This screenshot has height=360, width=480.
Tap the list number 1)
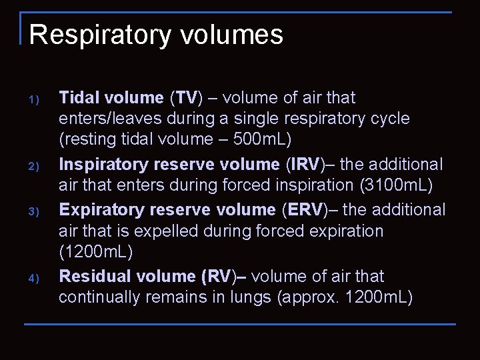pos(35,101)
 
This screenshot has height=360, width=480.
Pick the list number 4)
pos(35,278)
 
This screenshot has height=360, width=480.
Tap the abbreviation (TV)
pos(185,98)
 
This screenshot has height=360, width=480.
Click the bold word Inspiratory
pos(103,164)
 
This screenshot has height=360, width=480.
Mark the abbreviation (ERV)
pos(311,209)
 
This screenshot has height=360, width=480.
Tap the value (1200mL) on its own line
pos(96,253)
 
